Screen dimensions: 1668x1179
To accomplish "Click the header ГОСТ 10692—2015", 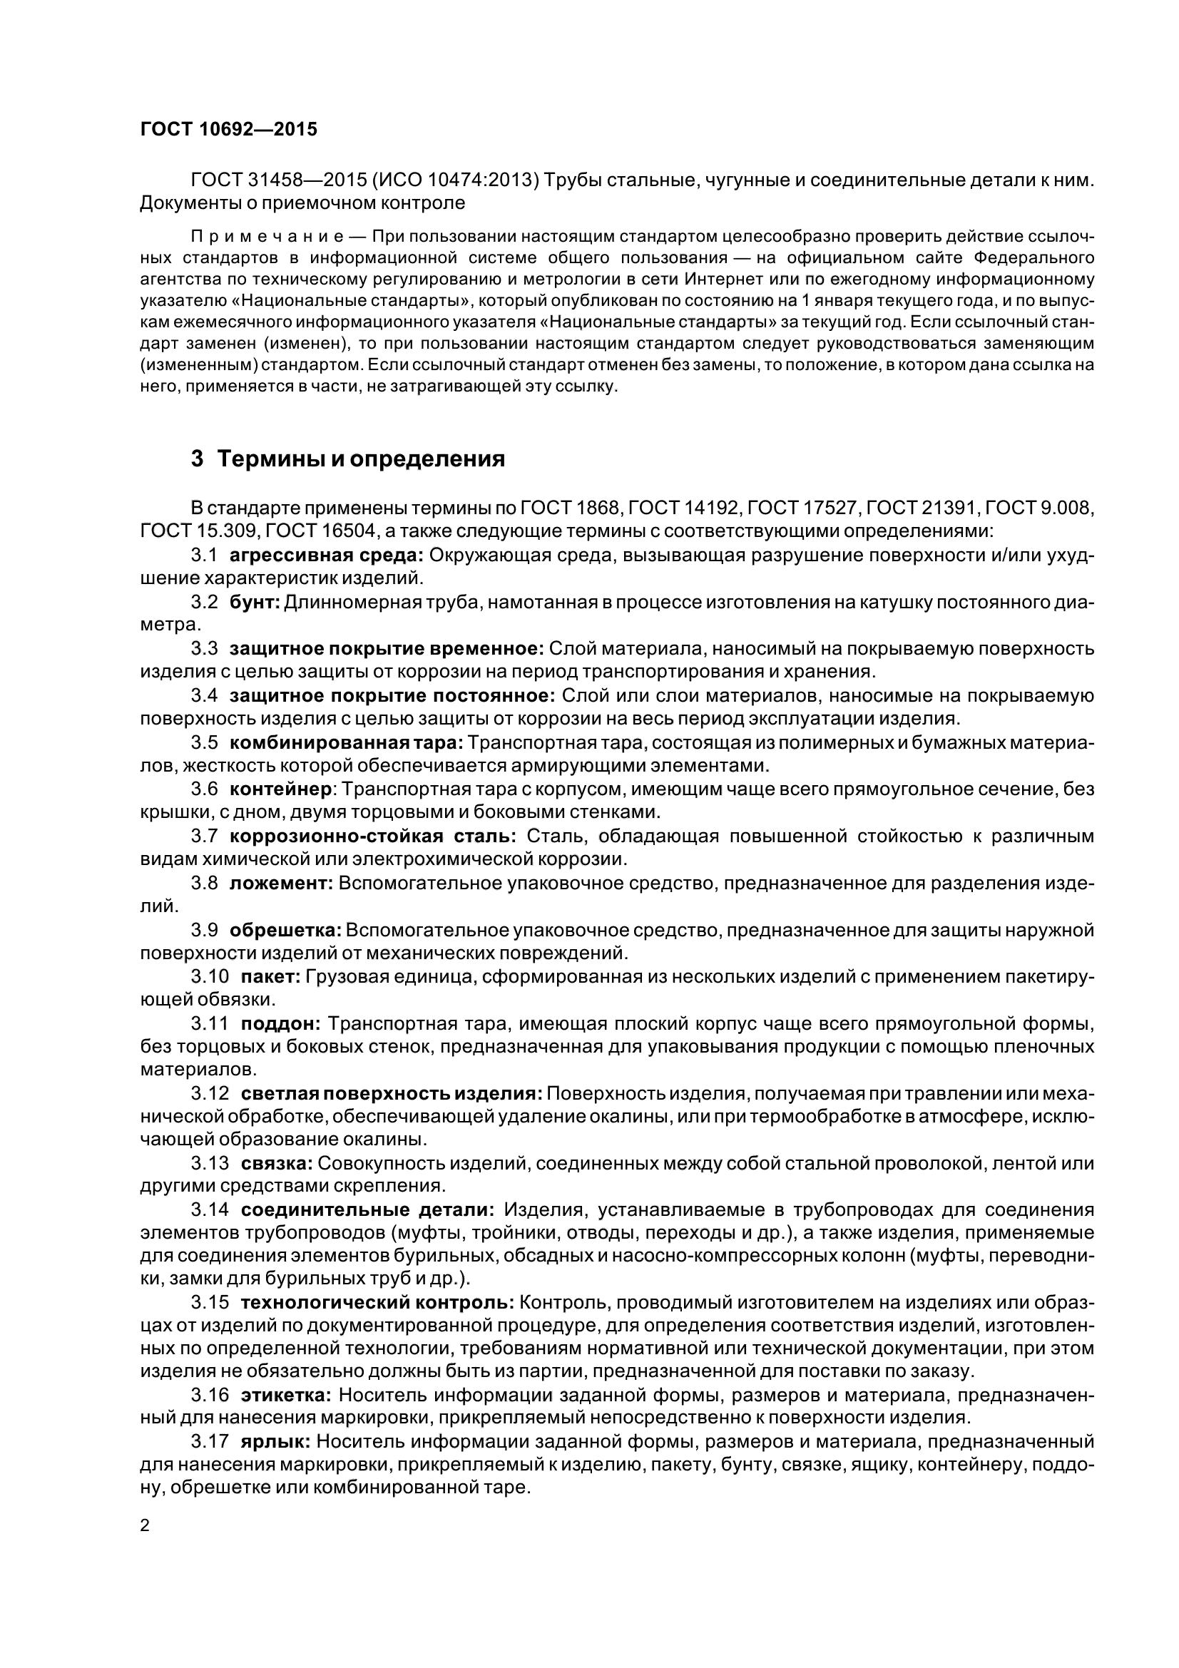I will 228,130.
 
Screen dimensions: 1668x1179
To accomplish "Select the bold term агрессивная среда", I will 326,556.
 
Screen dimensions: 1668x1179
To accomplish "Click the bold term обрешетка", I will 285,930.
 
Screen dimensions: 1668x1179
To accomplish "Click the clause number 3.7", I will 204,836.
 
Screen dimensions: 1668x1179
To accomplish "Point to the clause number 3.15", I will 210,1304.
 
